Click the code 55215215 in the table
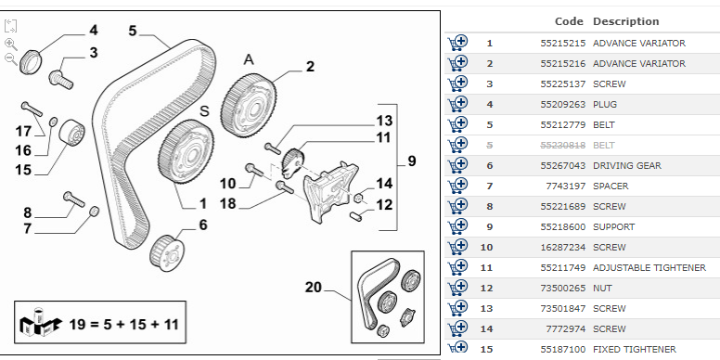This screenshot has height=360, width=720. click(x=562, y=44)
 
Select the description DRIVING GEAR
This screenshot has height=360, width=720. click(x=627, y=166)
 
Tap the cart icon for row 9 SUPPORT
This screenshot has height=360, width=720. click(x=457, y=226)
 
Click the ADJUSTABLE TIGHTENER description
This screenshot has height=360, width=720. click(x=649, y=268)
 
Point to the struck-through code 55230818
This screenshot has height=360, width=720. click(x=562, y=146)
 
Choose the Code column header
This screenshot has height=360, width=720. click(x=569, y=21)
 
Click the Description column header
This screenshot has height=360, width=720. click(x=626, y=21)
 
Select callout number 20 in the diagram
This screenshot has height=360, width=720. click(x=314, y=288)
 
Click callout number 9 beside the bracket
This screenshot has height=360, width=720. click(x=411, y=161)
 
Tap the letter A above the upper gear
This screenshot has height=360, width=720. click(x=249, y=59)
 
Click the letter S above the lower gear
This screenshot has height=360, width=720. click(x=204, y=111)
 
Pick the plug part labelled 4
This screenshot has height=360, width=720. click(x=31, y=61)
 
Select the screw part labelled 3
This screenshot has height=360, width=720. click(x=61, y=80)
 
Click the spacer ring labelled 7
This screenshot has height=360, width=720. click(x=94, y=212)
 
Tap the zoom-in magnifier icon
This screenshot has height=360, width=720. click(x=10, y=45)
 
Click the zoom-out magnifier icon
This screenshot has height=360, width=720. click(x=10, y=58)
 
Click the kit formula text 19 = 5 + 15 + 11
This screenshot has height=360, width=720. click(x=123, y=325)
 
